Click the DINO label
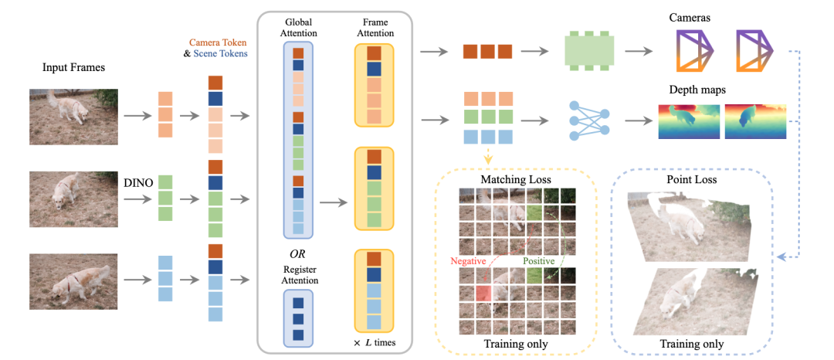[x=137, y=183]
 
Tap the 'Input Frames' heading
[x=73, y=69]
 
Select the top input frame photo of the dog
[x=73, y=117]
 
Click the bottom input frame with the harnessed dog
[x=73, y=281]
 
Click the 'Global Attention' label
[x=298, y=28]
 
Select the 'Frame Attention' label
[x=374, y=28]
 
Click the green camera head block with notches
[x=588, y=52]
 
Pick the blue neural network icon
[x=588, y=121]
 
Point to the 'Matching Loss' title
[x=508, y=180]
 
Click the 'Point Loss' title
[x=691, y=180]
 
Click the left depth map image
[x=689, y=122]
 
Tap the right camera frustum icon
[x=754, y=51]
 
